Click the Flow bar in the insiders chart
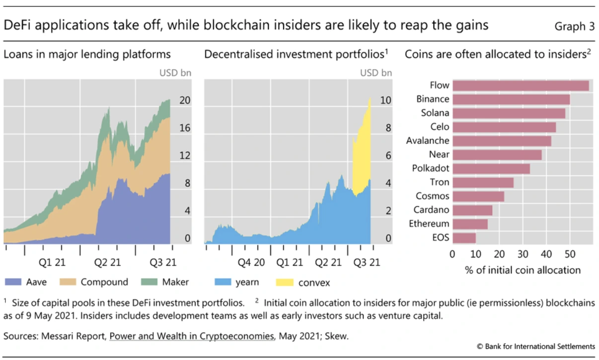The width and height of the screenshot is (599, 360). pos(521,85)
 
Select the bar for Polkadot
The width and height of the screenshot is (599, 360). pos(491,168)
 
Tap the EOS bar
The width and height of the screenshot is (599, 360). pos(464,237)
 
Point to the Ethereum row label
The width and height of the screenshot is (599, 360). pos(429,224)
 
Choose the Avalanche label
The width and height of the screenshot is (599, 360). pos(427,141)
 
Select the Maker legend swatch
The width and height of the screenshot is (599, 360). pos(147,283)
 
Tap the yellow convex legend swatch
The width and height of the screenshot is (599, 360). pos(285,283)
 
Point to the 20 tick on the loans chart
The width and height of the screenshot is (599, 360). pos(184,100)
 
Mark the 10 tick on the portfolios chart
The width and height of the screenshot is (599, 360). pos(385,100)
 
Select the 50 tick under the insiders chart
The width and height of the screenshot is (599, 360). pos(569,254)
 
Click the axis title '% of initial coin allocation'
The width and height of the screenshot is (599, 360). pos(523,270)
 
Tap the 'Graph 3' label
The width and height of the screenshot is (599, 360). pos(574,26)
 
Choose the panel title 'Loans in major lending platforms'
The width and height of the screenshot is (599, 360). pos(87,54)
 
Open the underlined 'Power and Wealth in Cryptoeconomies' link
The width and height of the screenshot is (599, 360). pos(191,336)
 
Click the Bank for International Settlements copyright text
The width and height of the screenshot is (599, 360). pos(535,346)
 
